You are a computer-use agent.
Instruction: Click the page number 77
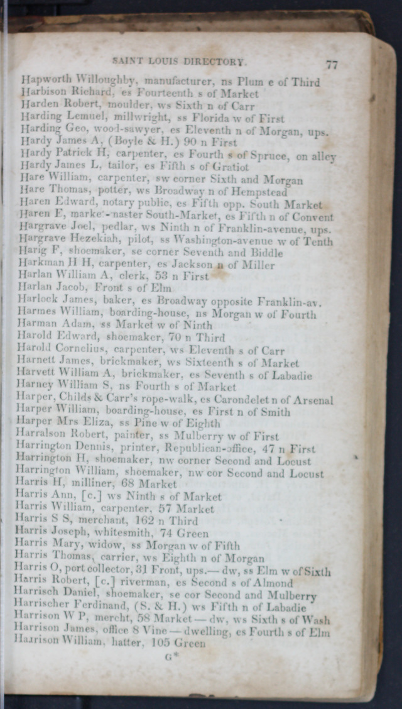click(332, 64)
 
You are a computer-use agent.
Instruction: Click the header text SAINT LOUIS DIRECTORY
click(178, 62)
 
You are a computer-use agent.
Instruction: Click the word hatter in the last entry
click(118, 643)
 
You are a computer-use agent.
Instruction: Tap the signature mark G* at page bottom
click(168, 657)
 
